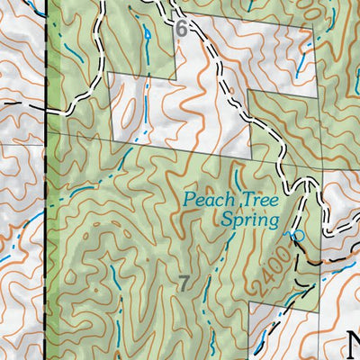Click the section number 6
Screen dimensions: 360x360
point(182,29)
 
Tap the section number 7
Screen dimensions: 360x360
point(184,284)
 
